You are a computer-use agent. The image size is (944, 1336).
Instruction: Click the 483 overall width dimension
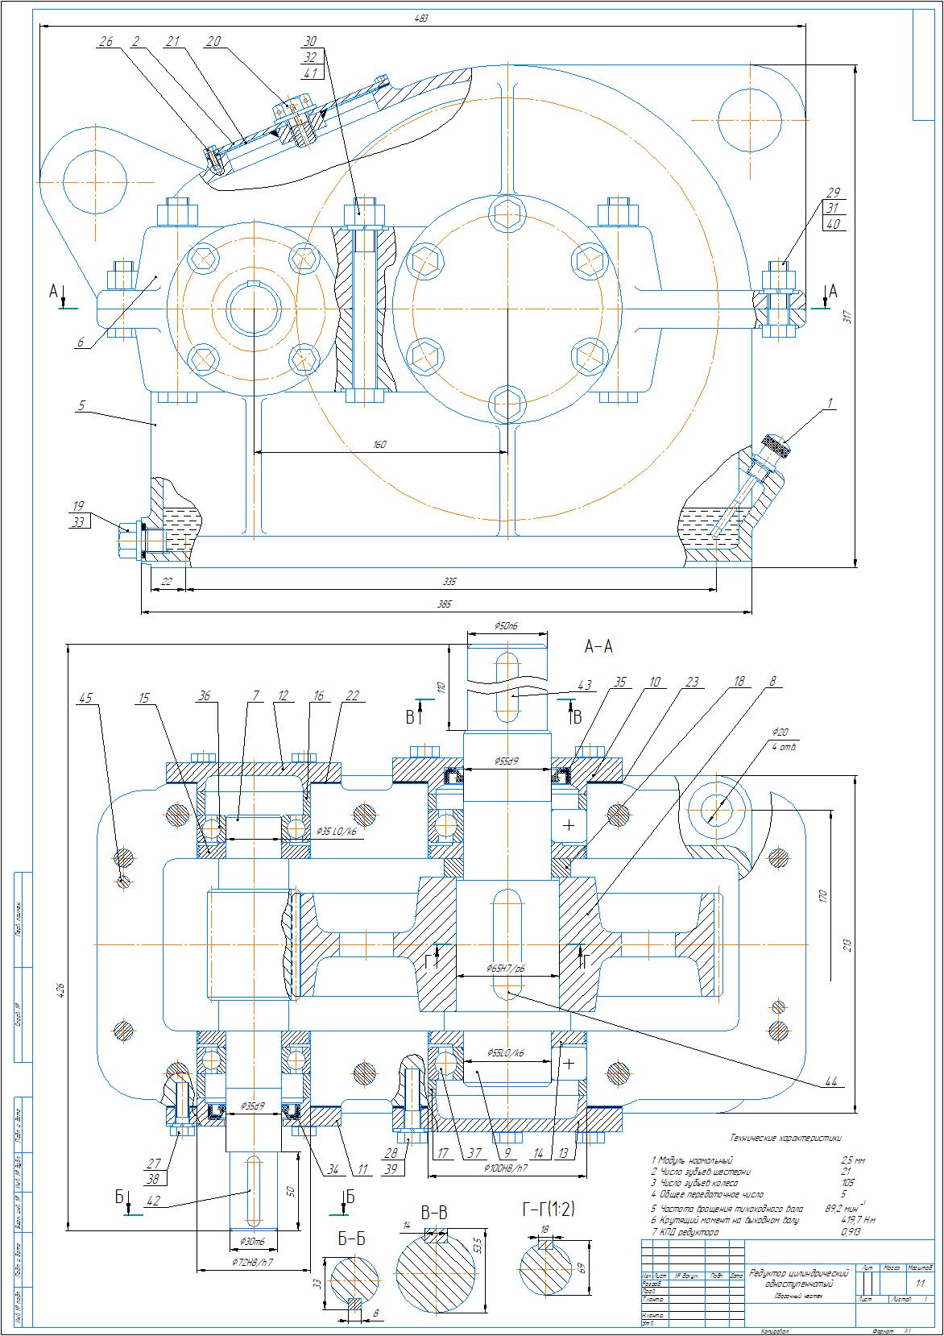[421, 18]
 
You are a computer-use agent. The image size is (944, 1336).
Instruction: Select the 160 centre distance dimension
[380, 445]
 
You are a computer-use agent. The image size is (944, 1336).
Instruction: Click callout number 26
[106, 41]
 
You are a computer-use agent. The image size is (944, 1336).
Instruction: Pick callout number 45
[85, 698]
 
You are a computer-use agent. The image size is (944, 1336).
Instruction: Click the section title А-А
[598, 646]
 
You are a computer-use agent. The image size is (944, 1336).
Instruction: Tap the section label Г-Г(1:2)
[549, 1209]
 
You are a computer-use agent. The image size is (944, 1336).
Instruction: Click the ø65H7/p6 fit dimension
[506, 968]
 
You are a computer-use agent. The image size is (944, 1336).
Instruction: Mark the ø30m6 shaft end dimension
[254, 1241]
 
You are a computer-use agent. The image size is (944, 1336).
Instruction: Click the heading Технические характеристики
[785, 1139]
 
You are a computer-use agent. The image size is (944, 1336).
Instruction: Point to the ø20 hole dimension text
[780, 732]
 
